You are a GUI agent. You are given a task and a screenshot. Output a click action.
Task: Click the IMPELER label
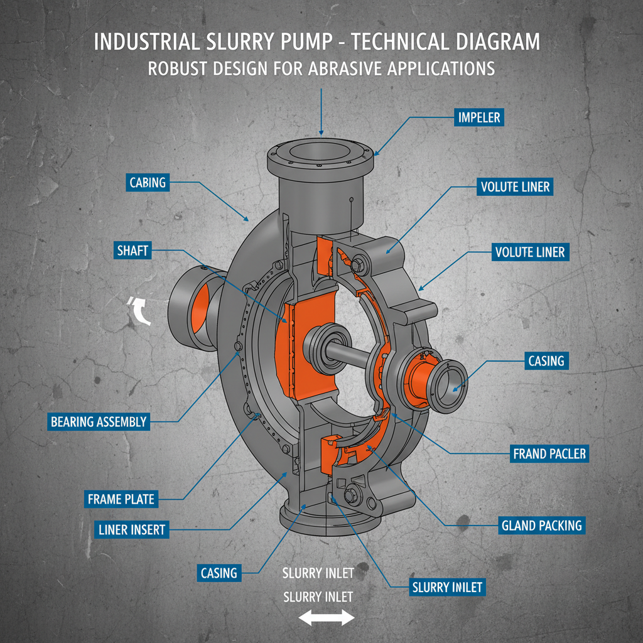click(479, 117)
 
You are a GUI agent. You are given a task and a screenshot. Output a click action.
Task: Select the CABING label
click(148, 183)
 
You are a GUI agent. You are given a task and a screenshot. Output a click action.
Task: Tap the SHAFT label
click(132, 251)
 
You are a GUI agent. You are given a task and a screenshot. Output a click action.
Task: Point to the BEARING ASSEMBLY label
click(99, 422)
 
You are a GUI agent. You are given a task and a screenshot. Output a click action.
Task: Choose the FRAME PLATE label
click(121, 500)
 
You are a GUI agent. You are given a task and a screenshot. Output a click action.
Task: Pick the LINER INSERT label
click(131, 529)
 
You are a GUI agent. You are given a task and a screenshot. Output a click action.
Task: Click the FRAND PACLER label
click(549, 453)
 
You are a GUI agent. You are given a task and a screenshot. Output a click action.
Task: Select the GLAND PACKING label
click(541, 526)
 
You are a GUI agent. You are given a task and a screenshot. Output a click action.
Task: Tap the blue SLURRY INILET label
click(447, 588)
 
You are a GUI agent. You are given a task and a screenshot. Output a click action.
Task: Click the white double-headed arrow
click(326, 619)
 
